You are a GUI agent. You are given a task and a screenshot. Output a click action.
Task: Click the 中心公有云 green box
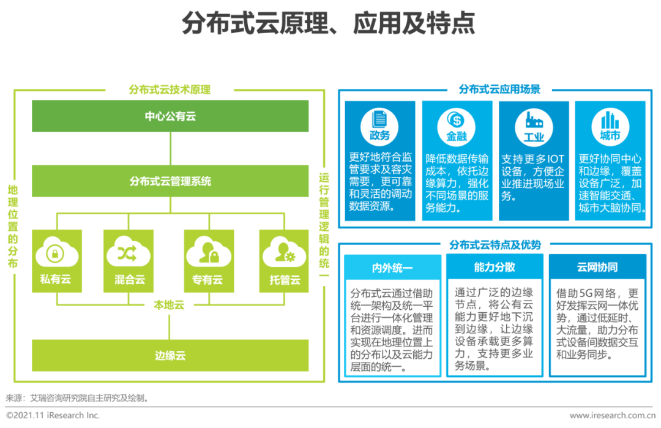pyautogui.click(x=170, y=116)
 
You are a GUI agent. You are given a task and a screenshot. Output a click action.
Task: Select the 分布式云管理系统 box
pyautogui.click(x=170, y=181)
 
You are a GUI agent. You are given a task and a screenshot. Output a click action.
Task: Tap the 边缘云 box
pyautogui.click(x=170, y=356)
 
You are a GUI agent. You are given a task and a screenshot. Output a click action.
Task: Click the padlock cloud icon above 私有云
pyautogui.click(x=56, y=253)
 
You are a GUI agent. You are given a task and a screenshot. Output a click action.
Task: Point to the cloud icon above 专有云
pyautogui.click(x=207, y=253)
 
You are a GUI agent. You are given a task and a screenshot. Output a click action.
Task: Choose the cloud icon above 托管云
pyautogui.click(x=284, y=253)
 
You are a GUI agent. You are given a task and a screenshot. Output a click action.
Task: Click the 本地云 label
pyautogui.click(x=170, y=305)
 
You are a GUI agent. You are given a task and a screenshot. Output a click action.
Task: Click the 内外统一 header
pyautogui.click(x=392, y=268)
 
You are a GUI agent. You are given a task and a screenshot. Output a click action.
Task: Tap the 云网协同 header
pyautogui.click(x=597, y=267)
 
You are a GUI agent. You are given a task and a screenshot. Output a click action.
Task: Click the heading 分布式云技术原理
pyautogui.click(x=170, y=90)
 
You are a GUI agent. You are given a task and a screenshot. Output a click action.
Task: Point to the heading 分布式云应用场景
pyautogui.click(x=499, y=90)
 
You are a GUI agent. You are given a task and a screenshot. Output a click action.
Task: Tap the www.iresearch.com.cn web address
pyautogui.click(x=612, y=416)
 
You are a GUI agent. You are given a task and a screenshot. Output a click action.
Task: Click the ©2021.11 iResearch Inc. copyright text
pyautogui.click(x=53, y=415)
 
